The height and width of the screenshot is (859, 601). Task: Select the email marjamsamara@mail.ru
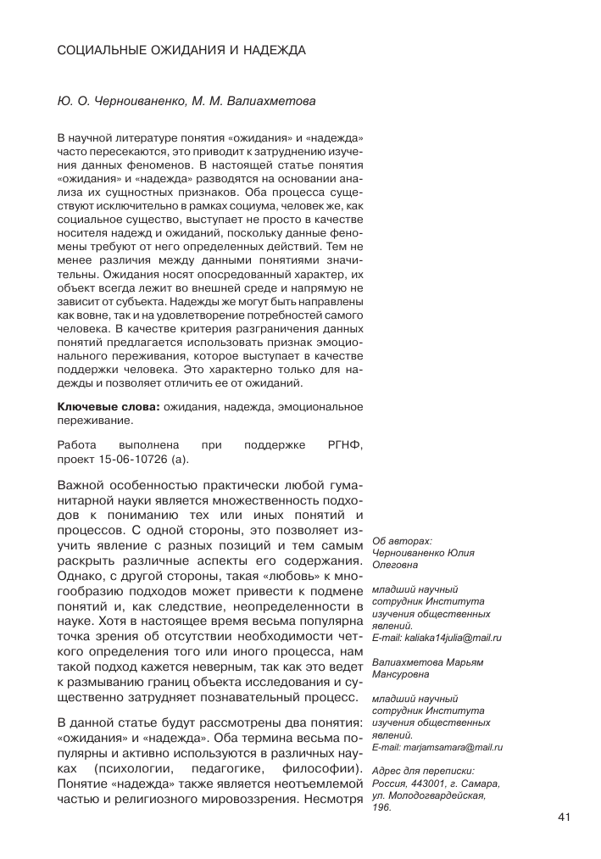pyautogui.click(x=454, y=747)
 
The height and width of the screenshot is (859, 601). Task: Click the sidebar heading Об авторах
pyautogui.click(x=402, y=540)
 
